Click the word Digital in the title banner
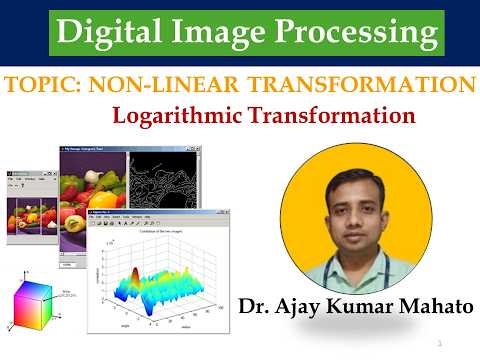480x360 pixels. [103, 34]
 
